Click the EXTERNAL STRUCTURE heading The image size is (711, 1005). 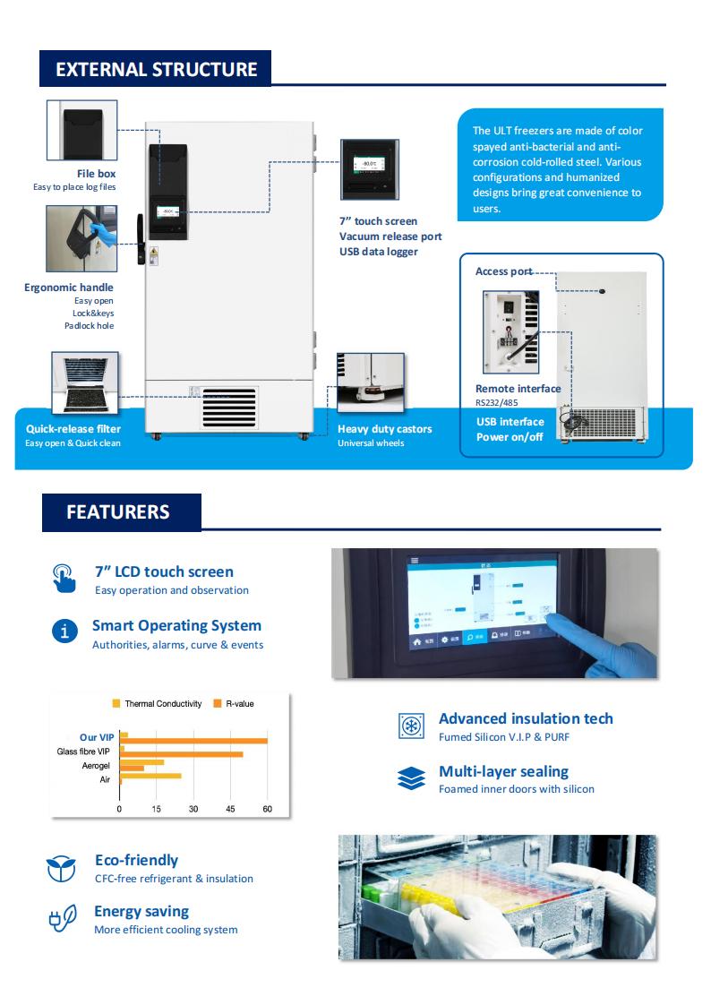pos(156,70)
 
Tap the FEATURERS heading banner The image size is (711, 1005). pos(117,512)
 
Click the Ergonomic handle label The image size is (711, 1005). pos(69,288)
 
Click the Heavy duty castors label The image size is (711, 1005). pos(384,429)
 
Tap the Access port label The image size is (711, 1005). pos(503,271)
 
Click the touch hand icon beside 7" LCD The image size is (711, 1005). pos(64,578)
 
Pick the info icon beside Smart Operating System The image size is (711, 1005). pos(64,631)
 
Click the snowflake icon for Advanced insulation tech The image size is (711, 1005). pos(410,726)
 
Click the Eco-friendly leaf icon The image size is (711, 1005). pos(62,867)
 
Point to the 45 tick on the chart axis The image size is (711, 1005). pos(230,809)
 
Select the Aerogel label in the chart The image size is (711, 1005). pos(96,767)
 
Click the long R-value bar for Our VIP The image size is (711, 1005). pos(194,741)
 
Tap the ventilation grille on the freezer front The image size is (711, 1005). pos(228,408)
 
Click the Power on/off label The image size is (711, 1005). pos(510,437)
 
